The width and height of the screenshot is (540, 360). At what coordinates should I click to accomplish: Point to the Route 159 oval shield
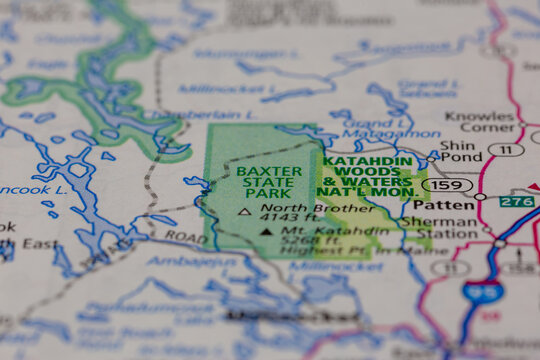(440, 185)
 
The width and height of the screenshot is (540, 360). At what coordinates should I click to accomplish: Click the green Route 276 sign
(517, 200)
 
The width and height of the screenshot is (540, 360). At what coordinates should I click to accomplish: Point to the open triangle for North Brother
(245, 212)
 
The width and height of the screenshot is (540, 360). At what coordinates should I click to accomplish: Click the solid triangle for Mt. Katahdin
(265, 231)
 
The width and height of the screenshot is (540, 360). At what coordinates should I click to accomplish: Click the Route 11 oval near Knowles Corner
(506, 150)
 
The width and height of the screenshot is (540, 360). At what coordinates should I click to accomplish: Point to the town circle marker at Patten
(479, 197)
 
